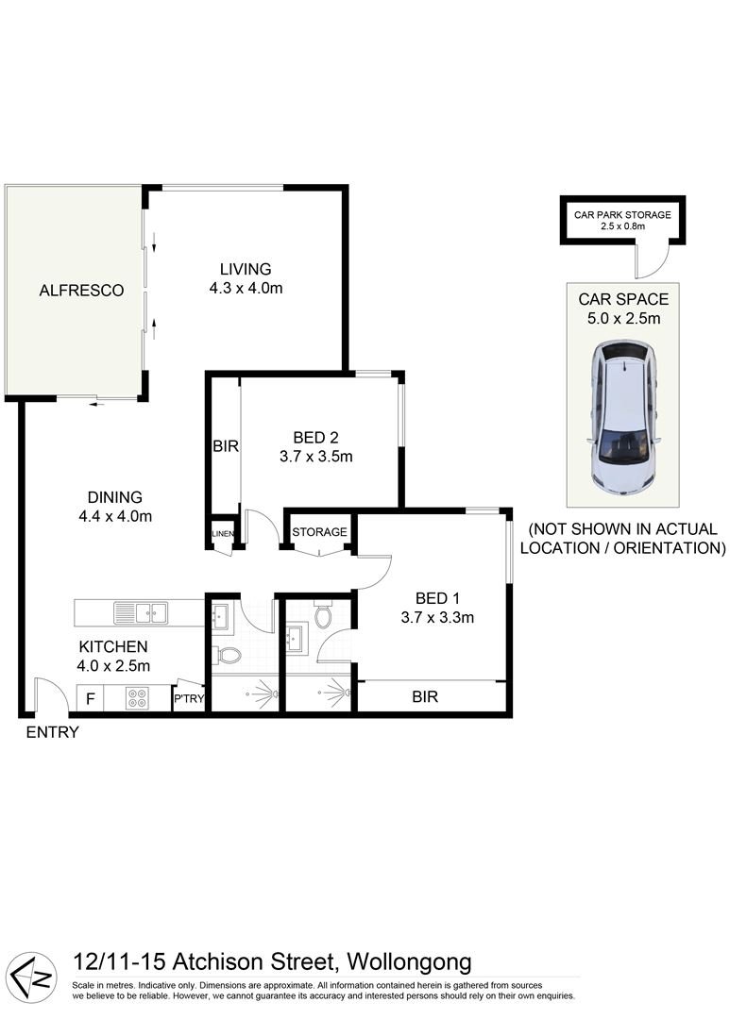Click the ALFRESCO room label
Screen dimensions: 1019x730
(81, 291)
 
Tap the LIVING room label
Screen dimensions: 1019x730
(246, 269)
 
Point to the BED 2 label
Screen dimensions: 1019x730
(315, 437)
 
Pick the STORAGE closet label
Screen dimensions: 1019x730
(320, 532)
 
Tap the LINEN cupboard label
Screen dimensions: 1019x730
(222, 534)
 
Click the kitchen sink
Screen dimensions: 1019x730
(141, 613)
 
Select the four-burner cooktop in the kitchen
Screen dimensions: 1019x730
(137, 699)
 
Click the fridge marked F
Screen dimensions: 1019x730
(91, 700)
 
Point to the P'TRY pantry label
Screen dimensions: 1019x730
(189, 699)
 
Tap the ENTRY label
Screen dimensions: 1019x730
(52, 732)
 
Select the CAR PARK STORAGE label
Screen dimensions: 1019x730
(622, 215)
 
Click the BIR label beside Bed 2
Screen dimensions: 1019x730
(225, 445)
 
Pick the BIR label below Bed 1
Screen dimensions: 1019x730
(424, 697)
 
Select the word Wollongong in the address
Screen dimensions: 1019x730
(410, 962)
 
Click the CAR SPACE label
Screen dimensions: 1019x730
(623, 299)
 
